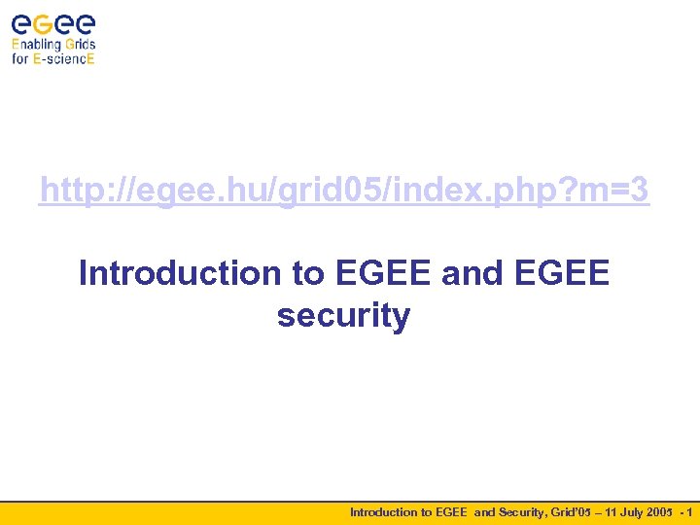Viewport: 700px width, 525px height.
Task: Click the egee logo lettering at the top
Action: [53, 23]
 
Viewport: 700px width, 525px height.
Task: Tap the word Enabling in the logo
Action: [37, 44]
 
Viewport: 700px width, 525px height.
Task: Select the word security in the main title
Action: [343, 315]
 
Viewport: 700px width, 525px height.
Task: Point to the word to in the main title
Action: [308, 273]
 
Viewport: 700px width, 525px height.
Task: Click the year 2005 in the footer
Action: [665, 512]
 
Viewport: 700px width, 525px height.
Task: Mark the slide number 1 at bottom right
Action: [689, 512]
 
